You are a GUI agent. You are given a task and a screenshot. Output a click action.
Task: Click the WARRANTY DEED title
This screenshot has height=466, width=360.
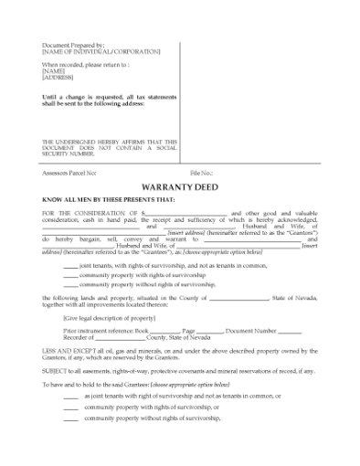tap(178, 186)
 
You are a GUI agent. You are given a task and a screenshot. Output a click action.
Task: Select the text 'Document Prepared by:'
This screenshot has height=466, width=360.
tap(73, 45)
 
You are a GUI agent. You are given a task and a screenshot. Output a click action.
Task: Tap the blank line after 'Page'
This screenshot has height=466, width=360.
tap(209, 329)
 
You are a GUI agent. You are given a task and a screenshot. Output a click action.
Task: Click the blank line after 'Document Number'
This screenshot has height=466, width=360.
tap(289, 329)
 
